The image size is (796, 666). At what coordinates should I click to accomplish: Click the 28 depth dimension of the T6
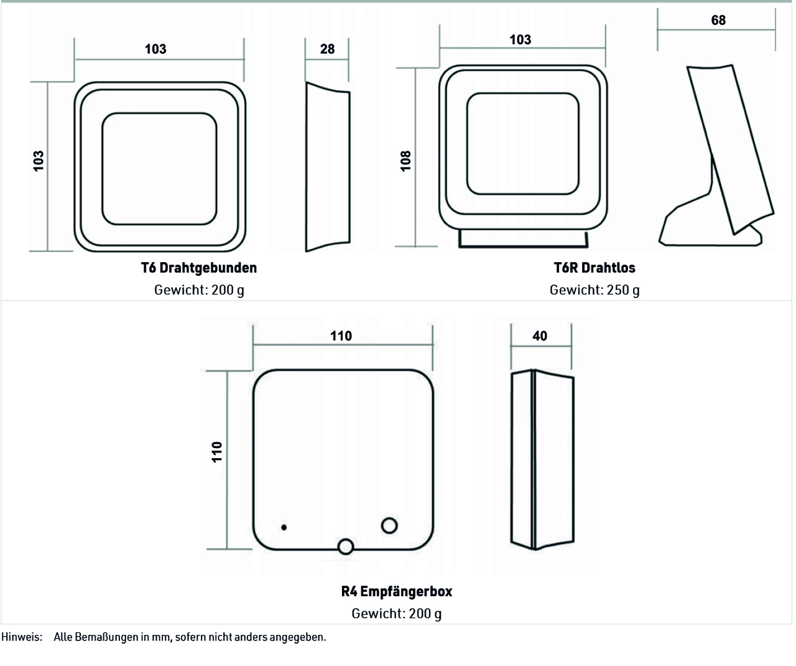[x=327, y=49]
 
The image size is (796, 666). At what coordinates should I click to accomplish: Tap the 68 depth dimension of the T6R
[x=718, y=20]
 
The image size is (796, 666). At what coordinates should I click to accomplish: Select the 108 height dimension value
[x=405, y=161]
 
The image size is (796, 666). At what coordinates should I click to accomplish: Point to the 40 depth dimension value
[x=539, y=336]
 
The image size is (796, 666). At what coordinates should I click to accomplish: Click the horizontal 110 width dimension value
[x=341, y=336]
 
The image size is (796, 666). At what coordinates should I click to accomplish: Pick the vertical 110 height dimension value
[x=217, y=453]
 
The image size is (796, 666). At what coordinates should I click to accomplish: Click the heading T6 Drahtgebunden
[x=199, y=268]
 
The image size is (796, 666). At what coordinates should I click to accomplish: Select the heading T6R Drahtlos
[x=595, y=268]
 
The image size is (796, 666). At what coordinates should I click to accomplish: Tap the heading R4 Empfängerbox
[x=397, y=591]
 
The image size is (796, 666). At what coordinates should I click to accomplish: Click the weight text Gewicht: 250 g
[x=595, y=290]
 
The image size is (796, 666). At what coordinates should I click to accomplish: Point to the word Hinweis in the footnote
[x=21, y=637]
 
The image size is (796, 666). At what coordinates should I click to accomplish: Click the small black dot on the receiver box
[x=284, y=527]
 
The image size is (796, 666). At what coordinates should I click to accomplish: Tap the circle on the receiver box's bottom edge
[x=345, y=546]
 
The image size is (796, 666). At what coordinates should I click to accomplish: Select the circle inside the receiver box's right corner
[x=389, y=525]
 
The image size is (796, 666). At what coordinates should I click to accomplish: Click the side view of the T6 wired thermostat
[x=328, y=167]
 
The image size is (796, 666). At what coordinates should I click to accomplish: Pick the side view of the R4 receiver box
[x=542, y=459]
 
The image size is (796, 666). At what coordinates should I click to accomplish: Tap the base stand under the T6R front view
[x=523, y=239]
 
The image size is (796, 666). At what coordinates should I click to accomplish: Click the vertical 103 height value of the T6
[x=39, y=161]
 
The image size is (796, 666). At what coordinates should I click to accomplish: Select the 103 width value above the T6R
[x=520, y=40]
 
